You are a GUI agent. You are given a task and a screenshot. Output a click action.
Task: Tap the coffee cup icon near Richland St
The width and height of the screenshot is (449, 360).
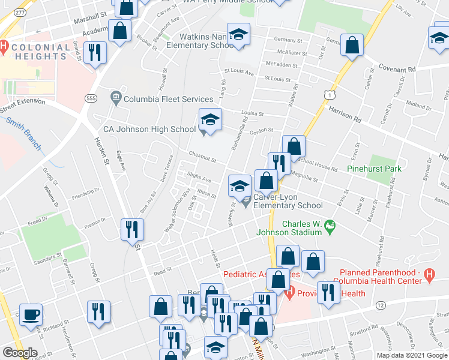pyautogui.click(x=30, y=314)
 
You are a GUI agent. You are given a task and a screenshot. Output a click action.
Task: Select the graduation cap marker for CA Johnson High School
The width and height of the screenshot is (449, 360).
pyautogui.click(x=210, y=120)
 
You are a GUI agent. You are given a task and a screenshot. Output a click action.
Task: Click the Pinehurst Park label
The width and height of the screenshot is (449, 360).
pyautogui.click(x=374, y=169)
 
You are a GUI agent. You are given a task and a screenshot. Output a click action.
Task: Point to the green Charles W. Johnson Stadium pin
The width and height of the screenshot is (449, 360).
pyautogui.click(x=330, y=226)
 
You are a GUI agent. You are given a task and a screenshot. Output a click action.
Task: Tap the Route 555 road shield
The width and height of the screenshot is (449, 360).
pyautogui.click(x=91, y=98)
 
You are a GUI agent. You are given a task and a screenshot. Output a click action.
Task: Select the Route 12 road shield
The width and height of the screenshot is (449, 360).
pyautogui.click(x=381, y=305)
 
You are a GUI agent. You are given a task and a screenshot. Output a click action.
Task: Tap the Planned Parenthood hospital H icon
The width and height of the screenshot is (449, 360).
pyautogui.click(x=429, y=275)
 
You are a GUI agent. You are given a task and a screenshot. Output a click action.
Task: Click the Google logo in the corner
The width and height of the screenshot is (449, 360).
pyautogui.click(x=19, y=353)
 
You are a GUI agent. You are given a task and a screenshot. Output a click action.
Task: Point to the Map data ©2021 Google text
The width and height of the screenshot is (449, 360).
pyautogui.click(x=412, y=355)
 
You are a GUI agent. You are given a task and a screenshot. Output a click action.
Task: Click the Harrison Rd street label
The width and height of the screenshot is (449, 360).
pyautogui.click(x=345, y=114)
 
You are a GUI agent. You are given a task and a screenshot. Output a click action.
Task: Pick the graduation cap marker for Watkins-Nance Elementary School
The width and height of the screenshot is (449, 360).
pyautogui.click(x=238, y=35)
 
